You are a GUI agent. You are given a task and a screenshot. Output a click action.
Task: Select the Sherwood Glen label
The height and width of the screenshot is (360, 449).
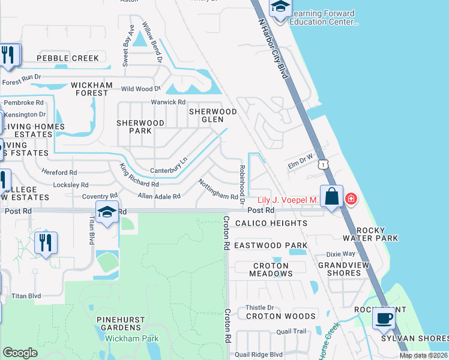click(213, 115)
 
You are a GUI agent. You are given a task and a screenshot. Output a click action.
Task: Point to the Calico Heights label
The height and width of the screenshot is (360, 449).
click(271, 223)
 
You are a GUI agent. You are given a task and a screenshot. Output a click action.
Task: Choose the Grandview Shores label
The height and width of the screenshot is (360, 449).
click(348, 269)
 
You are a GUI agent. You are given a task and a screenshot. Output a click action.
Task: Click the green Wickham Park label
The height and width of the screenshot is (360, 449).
click(132, 338)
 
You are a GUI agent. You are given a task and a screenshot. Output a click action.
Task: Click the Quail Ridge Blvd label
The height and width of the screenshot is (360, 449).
click(259, 355)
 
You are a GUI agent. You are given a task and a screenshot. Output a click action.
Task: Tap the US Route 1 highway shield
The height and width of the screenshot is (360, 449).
click(324, 164)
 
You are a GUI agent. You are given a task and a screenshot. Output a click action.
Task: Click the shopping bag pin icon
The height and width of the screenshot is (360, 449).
click(331, 197)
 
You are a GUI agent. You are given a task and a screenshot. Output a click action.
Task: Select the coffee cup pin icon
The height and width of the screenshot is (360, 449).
click(384, 318)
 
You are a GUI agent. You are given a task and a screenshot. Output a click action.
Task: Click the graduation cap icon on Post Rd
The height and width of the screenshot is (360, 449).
click(107, 212)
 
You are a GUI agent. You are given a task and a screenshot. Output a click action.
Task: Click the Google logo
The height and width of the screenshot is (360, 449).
click(20, 353)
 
